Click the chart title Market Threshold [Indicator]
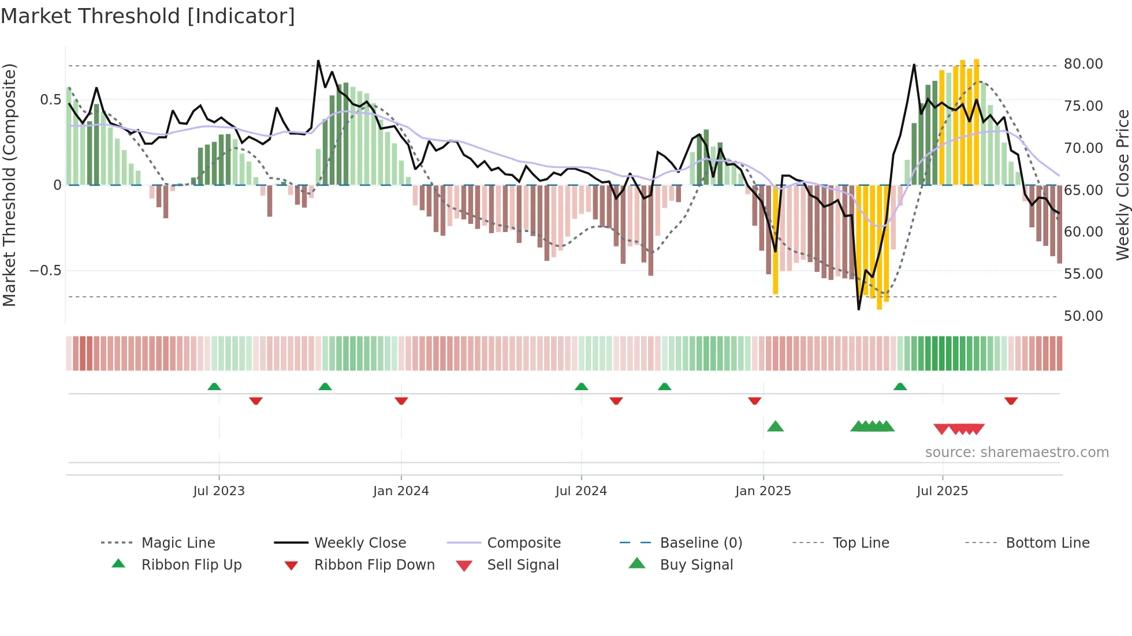[148, 16]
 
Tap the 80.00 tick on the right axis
[1083, 64]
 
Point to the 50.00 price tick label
[1083, 316]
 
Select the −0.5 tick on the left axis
[45, 271]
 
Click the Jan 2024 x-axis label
[401, 491]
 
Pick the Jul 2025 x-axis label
[942, 491]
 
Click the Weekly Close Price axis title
[1122, 185]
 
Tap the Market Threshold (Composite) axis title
[9, 185]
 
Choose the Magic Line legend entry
[178, 543]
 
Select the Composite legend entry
[523, 543]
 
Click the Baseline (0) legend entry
[701, 543]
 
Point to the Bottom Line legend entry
[1047, 543]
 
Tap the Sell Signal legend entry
[522, 565]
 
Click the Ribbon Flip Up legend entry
[191, 565]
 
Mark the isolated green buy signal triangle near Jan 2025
[775, 427]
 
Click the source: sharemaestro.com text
[1016, 452]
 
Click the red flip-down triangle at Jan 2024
[401, 401]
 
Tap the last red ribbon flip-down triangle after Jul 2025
[1011, 401]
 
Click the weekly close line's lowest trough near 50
[859, 309]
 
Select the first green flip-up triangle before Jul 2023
[214, 387]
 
